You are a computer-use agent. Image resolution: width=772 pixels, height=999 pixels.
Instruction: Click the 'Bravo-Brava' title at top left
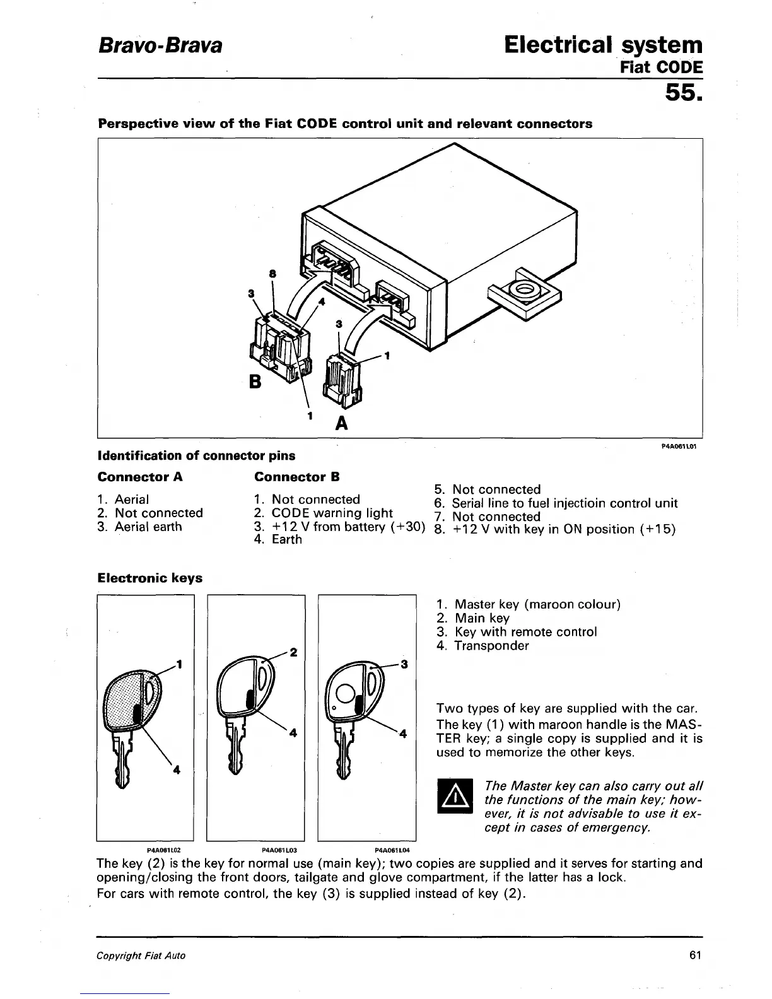160,46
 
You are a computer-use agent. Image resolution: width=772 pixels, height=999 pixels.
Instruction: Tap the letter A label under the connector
341,423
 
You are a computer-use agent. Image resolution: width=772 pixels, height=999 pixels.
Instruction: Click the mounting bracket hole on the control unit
522,291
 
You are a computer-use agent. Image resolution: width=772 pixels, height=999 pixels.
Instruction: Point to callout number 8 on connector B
272,274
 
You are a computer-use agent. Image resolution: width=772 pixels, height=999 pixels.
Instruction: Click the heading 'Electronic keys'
150,578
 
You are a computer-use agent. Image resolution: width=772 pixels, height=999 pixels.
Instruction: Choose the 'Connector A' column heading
140,477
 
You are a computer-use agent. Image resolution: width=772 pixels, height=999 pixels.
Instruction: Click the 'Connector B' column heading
296,477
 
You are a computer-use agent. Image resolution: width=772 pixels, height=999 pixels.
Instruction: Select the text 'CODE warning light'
332,513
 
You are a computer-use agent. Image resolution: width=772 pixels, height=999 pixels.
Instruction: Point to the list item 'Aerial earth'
148,527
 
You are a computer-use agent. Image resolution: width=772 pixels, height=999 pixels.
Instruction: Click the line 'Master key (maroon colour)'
537,604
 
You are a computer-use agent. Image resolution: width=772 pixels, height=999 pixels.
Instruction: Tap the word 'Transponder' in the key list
491,646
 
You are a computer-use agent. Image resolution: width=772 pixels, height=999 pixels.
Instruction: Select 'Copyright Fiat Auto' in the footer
141,955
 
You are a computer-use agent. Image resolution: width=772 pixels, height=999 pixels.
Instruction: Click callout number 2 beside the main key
293,652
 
